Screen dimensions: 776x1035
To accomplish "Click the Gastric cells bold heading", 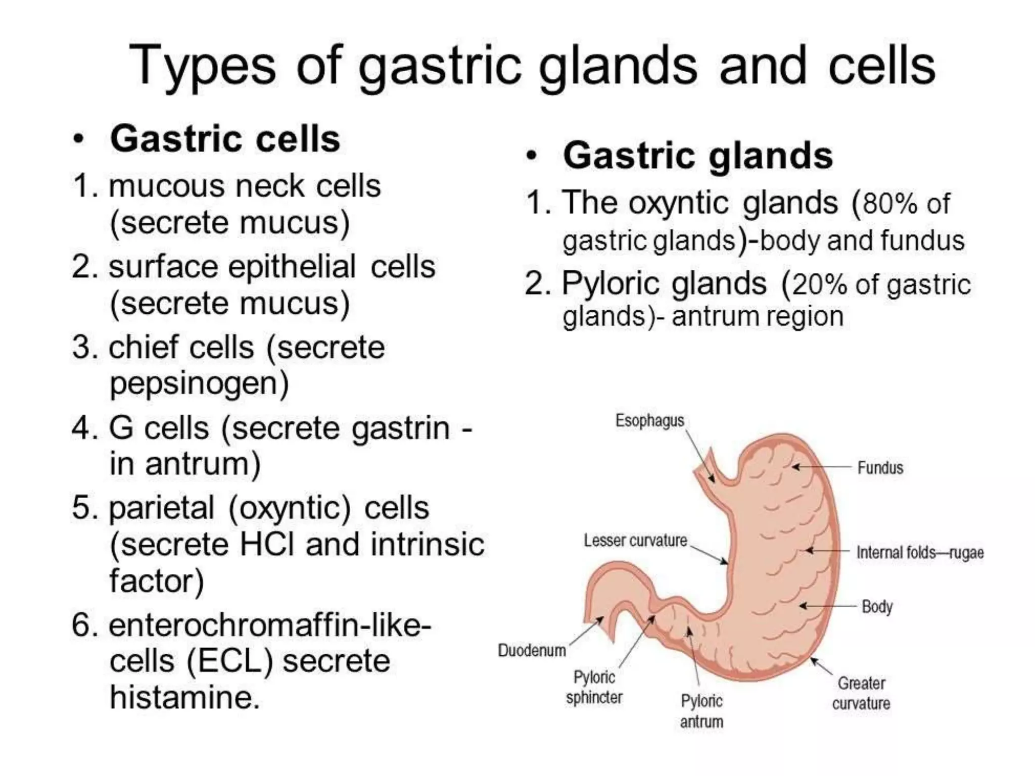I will tap(225, 139).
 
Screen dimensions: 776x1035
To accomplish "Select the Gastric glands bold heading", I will tap(697, 156).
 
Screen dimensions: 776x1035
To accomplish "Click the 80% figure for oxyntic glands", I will tap(889, 204).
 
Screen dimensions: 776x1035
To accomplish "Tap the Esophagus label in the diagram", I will tap(649, 420).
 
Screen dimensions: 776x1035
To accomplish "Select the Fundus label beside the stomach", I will tap(880, 468).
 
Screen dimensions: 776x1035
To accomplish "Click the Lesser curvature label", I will tap(635, 541).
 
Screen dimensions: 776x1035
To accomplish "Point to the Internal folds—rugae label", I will tap(920, 553).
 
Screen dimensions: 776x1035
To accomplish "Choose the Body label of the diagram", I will tap(877, 606).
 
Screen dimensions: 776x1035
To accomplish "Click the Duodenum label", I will tap(532, 650).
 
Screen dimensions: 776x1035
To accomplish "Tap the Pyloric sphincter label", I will tap(594, 687).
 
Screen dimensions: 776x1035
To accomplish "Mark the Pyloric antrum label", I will tap(701, 711).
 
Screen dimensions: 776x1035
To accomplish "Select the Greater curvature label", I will tap(861, 693).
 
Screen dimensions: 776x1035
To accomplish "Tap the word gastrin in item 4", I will tap(400, 428).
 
